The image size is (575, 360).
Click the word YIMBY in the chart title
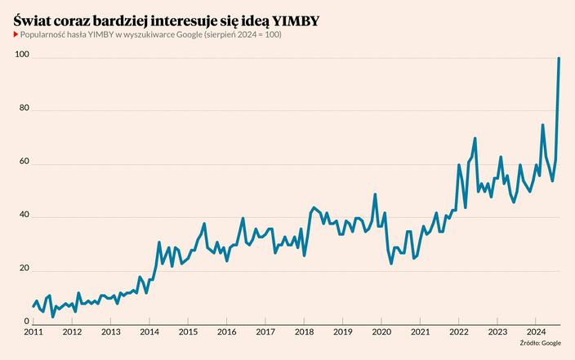pos(296,20)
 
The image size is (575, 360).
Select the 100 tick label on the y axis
pos(22,55)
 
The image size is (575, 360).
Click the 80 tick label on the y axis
pos(25,109)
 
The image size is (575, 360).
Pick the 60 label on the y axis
pos(25,162)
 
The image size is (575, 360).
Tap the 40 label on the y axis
pos(25,216)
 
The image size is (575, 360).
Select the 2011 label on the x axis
pos(33,332)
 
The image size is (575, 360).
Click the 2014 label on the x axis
pos(149,332)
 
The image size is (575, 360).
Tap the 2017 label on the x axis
pos(265,332)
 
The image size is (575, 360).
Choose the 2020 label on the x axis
pos(381,332)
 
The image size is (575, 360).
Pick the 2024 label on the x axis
pos(535,332)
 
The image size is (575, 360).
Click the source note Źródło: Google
pos(540,344)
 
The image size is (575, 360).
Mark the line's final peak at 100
pos(559,58)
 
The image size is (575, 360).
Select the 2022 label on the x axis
pos(458,332)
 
